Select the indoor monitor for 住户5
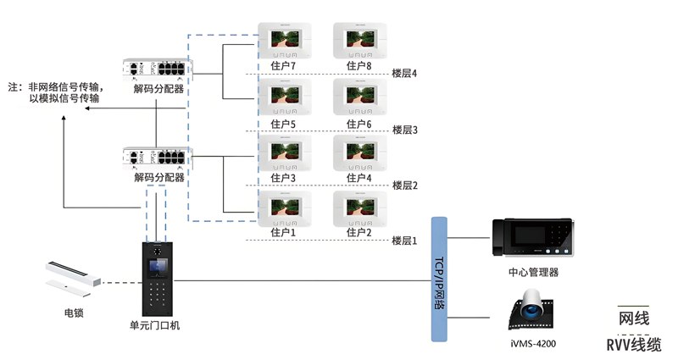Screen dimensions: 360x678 [x=283, y=97]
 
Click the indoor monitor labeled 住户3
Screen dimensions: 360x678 [x=283, y=152]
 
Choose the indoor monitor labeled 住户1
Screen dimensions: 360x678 [x=283, y=208]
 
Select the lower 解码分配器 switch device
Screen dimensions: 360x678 [x=158, y=158]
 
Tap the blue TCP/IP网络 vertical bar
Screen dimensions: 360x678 [x=439, y=279]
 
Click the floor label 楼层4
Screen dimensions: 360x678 [x=405, y=74]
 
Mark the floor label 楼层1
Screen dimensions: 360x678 [x=405, y=241]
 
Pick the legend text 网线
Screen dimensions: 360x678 [x=634, y=318]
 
